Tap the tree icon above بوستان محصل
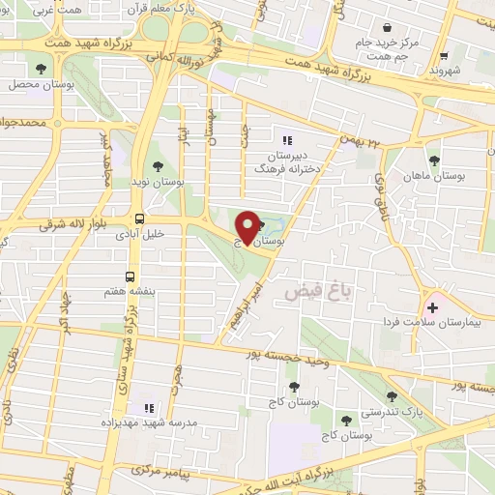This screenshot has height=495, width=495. click(x=40, y=68)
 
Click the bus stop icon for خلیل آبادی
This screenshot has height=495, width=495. click(x=140, y=218)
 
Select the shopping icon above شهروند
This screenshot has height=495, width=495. click(x=444, y=56)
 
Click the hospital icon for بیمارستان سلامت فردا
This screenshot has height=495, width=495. click(x=432, y=307)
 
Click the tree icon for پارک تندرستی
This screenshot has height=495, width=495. click(x=392, y=395)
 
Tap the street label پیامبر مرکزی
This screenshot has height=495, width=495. click(x=143, y=472)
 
